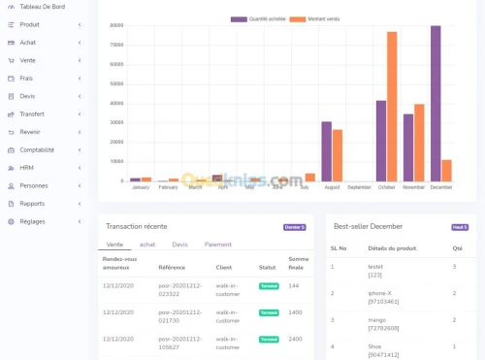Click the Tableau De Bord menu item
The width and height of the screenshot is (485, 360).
point(43,7)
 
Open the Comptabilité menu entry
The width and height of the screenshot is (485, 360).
point(37,149)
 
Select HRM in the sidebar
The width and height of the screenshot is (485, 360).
point(27,168)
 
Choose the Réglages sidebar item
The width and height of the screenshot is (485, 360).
point(32,221)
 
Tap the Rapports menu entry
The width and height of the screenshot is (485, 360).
point(32,204)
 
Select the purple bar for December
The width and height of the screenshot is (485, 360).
point(436,104)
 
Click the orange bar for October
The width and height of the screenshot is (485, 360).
point(392,107)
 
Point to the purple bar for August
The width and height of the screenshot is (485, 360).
point(327,151)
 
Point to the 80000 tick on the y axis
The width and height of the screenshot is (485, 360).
point(116,26)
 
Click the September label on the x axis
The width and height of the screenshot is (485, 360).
point(359,186)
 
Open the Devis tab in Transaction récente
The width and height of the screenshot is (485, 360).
point(179,245)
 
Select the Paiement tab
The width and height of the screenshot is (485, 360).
point(218,245)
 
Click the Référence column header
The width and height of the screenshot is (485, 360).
point(172,266)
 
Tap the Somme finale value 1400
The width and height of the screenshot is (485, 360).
point(296,312)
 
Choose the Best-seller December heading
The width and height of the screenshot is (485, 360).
point(368,226)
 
